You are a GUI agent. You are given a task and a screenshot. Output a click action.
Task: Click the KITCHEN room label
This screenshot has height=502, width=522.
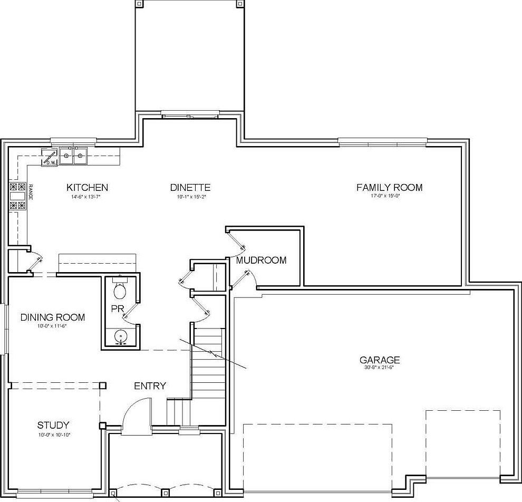tap(87, 188)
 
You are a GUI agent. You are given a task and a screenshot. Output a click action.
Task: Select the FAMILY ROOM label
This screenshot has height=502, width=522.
tap(389, 188)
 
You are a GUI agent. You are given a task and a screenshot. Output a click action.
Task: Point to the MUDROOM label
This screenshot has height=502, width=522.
tap(261, 260)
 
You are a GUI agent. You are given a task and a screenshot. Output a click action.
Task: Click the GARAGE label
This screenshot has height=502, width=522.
tap(380, 360)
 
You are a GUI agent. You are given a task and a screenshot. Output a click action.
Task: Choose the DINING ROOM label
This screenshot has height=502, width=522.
tap(53, 317)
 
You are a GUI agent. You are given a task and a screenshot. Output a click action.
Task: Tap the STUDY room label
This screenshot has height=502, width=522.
tap(53, 426)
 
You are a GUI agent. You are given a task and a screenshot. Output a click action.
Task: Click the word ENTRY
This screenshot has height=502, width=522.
tap(150, 386)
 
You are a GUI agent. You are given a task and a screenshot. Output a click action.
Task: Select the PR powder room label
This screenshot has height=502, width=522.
tap(117, 308)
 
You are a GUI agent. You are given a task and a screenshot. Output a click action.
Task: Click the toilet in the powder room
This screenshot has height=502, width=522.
tap(121, 289)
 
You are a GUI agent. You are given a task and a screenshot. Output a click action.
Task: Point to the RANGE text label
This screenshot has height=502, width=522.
tap(31, 192)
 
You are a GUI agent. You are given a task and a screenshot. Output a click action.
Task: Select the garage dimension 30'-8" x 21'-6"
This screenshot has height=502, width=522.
tap(380, 368)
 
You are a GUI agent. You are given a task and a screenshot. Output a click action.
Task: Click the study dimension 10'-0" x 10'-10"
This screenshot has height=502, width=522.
tap(53, 435)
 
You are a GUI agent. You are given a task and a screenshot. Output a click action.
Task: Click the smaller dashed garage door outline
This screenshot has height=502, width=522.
tap(462, 443)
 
